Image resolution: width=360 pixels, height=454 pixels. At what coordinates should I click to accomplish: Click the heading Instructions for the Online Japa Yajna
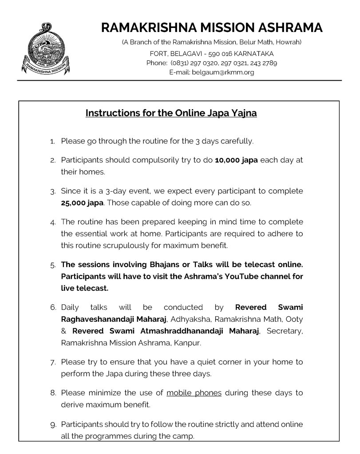[x=171, y=113]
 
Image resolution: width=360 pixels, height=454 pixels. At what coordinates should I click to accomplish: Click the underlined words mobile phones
[x=194, y=393]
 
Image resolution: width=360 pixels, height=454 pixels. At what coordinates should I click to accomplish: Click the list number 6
[x=53, y=308]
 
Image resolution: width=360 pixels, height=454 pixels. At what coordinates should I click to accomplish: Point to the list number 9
[x=53, y=425]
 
